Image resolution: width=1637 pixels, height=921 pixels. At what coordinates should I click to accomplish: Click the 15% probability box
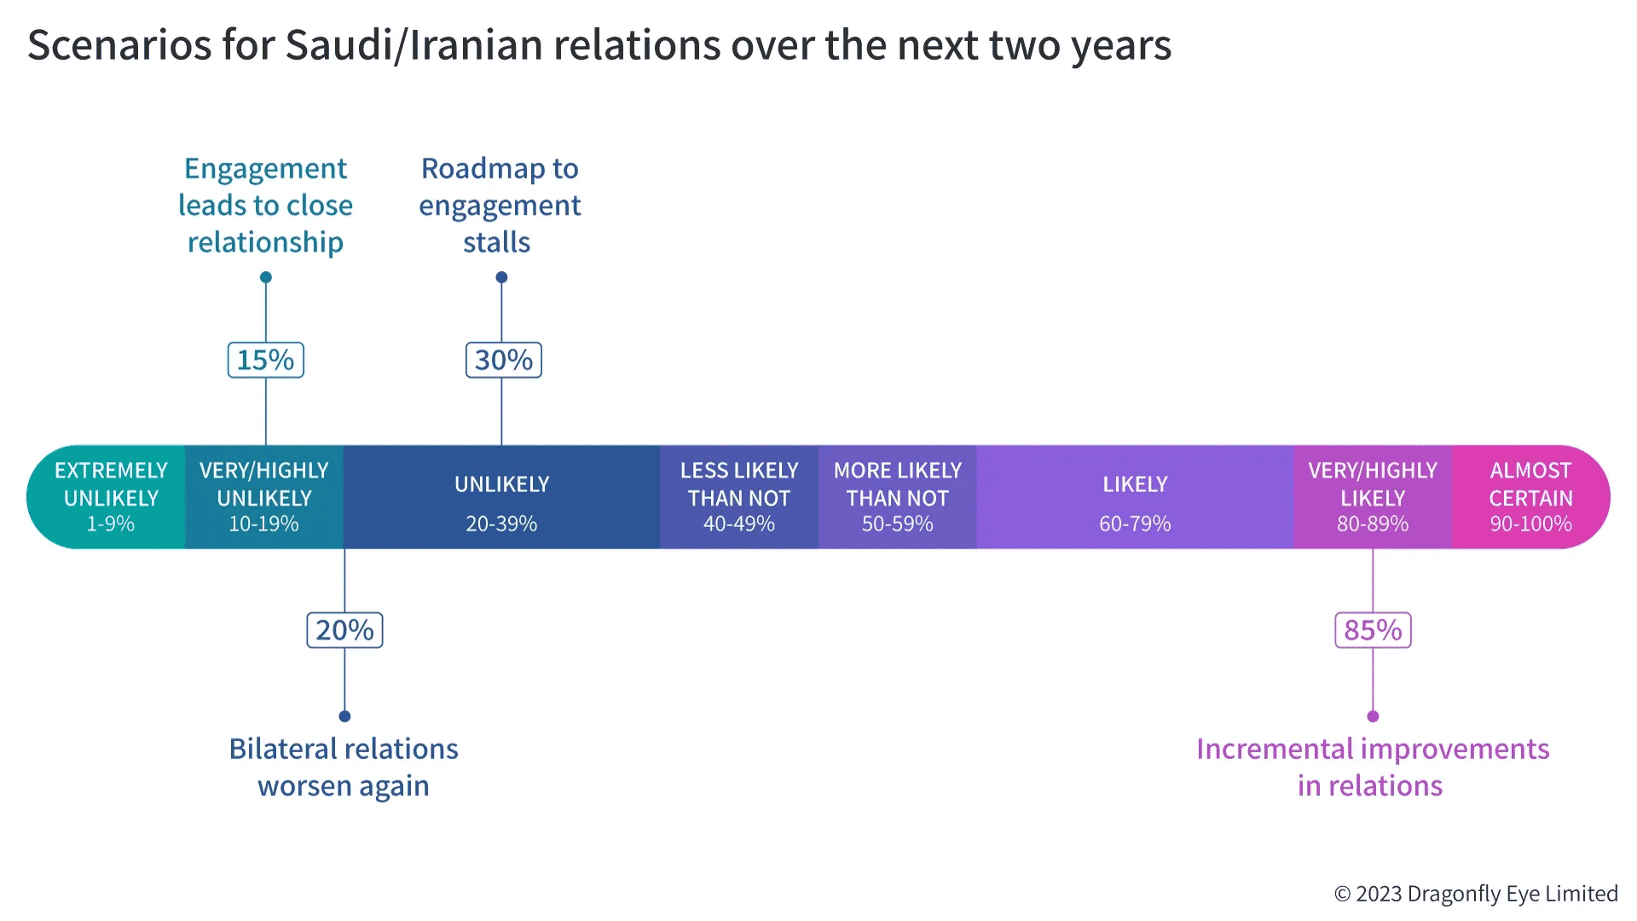pos(266,360)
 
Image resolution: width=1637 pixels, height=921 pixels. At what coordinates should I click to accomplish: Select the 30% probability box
pos(504,360)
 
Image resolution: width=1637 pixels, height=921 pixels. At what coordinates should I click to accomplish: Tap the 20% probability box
pos(344,630)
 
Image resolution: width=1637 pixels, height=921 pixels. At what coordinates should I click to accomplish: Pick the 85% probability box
pos(1373,630)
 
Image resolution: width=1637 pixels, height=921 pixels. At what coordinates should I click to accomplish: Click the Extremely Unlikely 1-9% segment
pos(107,497)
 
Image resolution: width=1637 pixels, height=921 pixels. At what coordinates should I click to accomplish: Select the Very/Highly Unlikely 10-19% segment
pos(264,497)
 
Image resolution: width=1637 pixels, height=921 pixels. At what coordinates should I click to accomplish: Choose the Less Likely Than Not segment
pos(739,497)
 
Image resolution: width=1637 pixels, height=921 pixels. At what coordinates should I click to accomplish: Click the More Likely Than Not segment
pos(898,497)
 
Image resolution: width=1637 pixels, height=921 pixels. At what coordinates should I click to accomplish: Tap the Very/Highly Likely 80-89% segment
pos(1373,497)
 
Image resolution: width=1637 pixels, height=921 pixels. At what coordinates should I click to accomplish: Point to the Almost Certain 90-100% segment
pos(1530,497)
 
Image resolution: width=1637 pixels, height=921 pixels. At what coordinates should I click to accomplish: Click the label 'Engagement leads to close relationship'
pos(265,206)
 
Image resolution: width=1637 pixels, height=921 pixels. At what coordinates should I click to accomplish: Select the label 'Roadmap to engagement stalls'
pos(500,206)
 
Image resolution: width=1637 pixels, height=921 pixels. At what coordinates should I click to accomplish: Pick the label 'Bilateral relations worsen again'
pos(344,767)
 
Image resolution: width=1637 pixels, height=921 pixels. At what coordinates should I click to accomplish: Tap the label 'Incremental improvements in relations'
pos(1372,767)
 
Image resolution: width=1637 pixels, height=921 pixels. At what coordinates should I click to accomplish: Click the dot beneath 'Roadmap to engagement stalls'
pos(501,277)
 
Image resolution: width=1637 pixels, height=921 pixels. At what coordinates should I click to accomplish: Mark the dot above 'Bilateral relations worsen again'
pos(344,716)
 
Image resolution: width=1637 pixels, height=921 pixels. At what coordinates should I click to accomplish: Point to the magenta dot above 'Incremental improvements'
pos(1373,716)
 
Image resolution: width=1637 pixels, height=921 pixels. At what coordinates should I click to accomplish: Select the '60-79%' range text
pos(1135,524)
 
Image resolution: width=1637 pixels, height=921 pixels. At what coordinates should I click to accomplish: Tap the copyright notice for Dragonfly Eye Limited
pos(1476,894)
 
